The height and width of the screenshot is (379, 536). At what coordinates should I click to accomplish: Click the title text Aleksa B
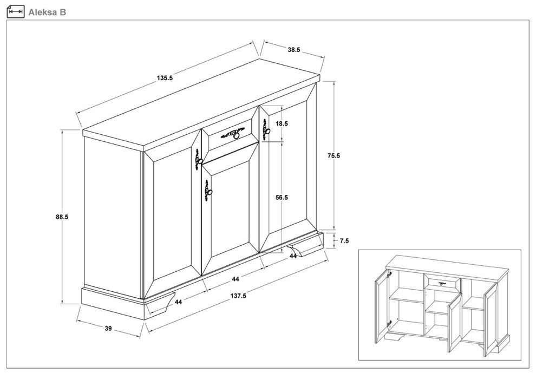[47, 12]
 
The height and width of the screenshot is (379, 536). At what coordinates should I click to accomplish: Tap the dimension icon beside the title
[16, 11]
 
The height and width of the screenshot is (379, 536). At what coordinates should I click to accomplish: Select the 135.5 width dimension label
[165, 78]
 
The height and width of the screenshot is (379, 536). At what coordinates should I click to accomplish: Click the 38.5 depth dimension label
[293, 50]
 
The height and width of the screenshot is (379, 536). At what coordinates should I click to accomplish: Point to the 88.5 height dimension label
[62, 217]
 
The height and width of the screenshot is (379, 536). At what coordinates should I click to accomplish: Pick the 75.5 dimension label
[334, 156]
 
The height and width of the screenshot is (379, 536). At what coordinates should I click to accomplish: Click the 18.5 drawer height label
[282, 123]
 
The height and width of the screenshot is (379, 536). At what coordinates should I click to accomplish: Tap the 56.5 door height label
[282, 198]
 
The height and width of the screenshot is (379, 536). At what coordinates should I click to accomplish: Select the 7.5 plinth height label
[344, 241]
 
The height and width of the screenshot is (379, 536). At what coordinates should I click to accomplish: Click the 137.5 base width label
[238, 296]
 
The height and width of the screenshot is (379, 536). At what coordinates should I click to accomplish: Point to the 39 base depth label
[108, 329]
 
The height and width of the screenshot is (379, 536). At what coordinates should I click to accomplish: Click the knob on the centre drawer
[236, 136]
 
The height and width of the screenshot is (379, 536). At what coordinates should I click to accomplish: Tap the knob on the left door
[200, 161]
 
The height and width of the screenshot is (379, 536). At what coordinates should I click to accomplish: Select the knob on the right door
[268, 131]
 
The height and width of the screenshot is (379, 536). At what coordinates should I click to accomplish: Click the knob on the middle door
[210, 192]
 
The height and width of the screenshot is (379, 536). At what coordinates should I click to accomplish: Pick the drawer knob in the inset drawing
[442, 284]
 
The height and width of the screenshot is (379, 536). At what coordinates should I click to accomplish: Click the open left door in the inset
[383, 306]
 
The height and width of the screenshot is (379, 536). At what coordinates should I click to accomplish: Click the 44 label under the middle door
[235, 279]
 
